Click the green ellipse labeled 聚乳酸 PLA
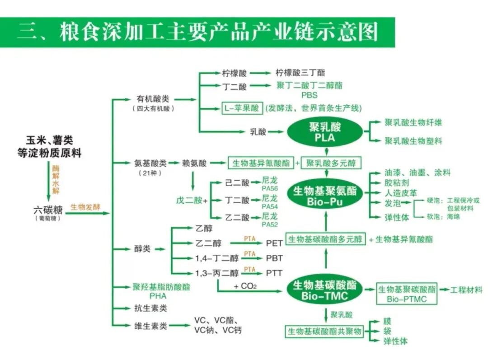(x=325, y=131)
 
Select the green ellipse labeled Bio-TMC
(x=325, y=290)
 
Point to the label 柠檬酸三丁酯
(x=300, y=72)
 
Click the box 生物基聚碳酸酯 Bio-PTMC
(x=407, y=294)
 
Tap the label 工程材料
(x=466, y=290)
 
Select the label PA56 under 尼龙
(x=270, y=189)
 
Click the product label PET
(x=274, y=243)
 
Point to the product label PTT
(x=274, y=273)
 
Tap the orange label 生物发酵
(x=85, y=207)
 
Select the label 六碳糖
(x=47, y=209)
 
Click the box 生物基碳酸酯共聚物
(x=325, y=332)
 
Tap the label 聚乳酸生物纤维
(x=413, y=122)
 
